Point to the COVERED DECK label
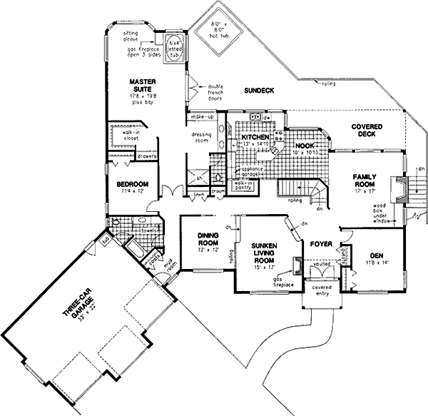367,130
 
